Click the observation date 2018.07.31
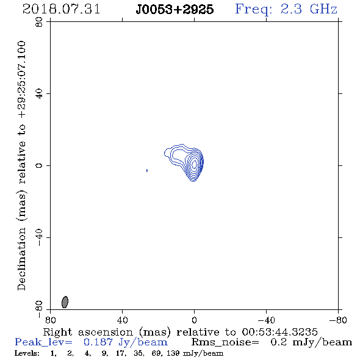point(61,9)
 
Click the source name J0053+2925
point(175,10)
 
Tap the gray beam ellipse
point(65,302)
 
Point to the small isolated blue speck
point(146,170)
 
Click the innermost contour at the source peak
point(194,164)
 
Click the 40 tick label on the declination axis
point(39,94)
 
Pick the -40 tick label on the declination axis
point(39,237)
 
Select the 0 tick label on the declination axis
point(39,165)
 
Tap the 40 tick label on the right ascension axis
point(122,320)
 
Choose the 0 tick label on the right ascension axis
point(194,320)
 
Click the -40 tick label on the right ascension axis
point(266,320)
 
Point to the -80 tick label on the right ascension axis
point(338,320)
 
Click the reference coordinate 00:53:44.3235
point(279,332)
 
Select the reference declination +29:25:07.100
point(22,79)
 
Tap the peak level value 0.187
point(98,342)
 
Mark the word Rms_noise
point(225,342)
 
